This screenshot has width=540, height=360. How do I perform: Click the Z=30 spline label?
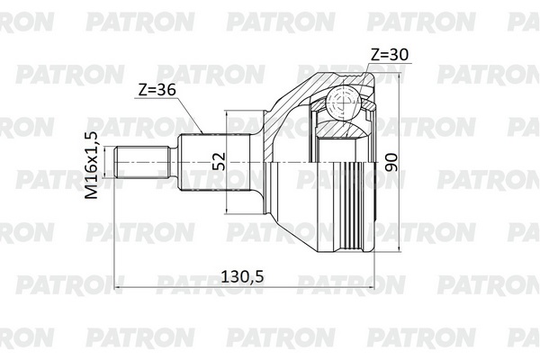click(x=390, y=54)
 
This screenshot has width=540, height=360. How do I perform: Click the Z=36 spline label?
click(x=157, y=90)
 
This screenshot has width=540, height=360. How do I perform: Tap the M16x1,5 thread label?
click(x=92, y=165)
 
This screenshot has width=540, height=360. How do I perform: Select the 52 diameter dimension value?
click(x=219, y=161)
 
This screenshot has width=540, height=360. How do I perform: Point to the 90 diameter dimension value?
click(x=391, y=163)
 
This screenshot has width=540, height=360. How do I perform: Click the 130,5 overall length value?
click(x=242, y=276)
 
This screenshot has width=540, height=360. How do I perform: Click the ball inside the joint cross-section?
click(x=344, y=103)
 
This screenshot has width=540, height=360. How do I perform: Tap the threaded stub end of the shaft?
click(x=142, y=162)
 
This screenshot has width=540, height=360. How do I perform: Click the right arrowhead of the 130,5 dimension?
click(x=370, y=287)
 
